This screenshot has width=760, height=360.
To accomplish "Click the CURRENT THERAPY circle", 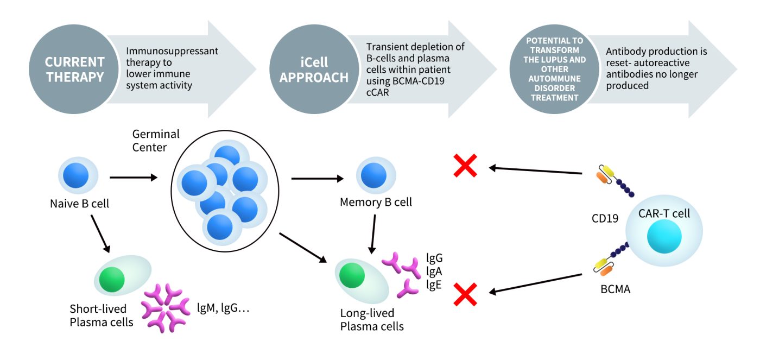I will coord(75,69).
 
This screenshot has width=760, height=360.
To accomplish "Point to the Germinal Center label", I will coord(156,140).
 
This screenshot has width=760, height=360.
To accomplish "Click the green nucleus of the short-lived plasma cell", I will coord(112,279).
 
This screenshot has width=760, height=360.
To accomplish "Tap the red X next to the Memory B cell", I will coord(465,165).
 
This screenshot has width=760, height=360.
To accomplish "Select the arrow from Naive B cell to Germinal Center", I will coord(134,177).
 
